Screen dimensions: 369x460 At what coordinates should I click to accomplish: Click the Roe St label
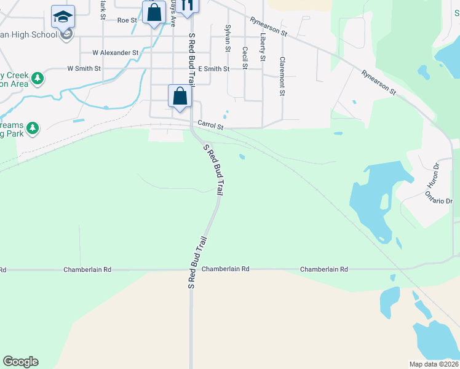[127, 20]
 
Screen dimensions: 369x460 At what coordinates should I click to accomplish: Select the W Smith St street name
[84, 68]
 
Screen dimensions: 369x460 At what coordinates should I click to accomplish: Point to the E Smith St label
[213, 69]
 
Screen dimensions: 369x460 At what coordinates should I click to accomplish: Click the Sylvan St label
[228, 37]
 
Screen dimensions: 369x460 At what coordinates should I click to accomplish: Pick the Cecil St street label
[245, 57]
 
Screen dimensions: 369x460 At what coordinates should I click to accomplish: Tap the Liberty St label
[263, 47]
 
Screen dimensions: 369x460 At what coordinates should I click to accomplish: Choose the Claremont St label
[282, 76]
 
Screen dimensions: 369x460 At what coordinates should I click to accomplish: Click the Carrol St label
[210, 125]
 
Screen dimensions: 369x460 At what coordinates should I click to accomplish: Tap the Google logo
[20, 362]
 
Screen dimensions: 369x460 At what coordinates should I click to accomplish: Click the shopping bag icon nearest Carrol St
[180, 96]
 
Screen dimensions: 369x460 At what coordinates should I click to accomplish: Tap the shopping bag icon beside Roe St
[154, 12]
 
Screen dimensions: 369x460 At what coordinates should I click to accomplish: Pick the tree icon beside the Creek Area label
[38, 78]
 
